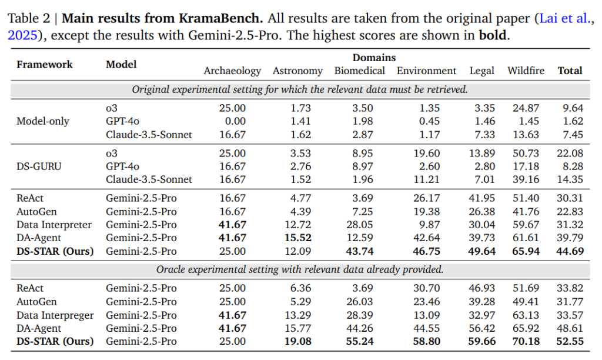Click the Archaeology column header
tap(232, 71)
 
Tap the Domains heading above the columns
tap(374, 58)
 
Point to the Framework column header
tap(45, 64)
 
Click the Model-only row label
tap(42, 121)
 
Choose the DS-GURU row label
tap(39, 166)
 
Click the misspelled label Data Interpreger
tap(55, 315)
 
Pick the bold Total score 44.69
tap(570, 251)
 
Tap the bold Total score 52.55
tap(570, 341)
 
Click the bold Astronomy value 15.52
tap(297, 238)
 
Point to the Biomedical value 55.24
tap(359, 341)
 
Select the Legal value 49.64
tap(481, 251)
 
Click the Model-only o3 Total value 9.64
tap(572, 108)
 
